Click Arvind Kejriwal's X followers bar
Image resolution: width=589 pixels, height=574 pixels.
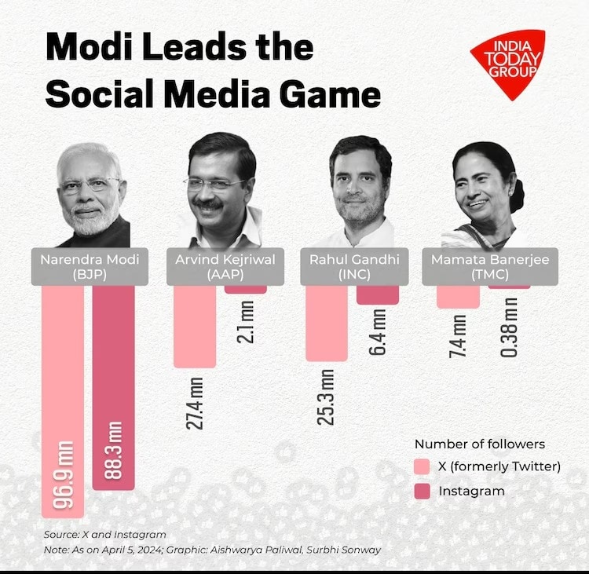195,326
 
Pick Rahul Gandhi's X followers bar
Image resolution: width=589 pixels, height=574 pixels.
327,323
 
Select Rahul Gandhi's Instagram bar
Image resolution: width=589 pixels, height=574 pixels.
378,294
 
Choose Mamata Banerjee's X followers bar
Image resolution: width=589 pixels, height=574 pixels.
459,297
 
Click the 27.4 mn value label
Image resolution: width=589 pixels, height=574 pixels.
196,403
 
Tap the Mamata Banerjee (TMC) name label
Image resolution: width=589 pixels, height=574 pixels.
489,266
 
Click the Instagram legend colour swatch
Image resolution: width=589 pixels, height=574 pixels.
423,491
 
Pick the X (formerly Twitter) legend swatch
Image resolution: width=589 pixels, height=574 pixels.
423,466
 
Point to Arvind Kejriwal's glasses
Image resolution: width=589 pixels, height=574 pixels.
214,185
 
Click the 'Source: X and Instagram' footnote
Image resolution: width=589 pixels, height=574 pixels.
105,535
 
